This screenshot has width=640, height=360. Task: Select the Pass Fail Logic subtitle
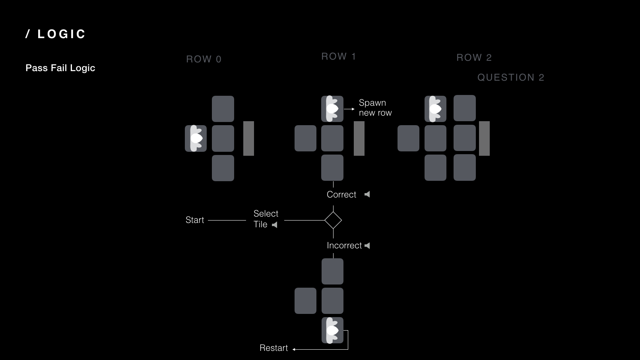tap(60, 68)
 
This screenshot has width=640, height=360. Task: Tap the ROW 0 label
tap(204, 59)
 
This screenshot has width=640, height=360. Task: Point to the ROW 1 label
tap(338, 56)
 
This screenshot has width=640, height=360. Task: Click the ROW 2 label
tap(474, 58)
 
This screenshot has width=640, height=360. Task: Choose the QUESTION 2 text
tap(511, 77)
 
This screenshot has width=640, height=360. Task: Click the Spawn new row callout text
tap(375, 108)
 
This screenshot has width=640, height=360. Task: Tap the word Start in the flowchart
tap(195, 220)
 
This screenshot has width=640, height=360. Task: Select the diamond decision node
tap(333, 220)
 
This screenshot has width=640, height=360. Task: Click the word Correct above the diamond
tap(341, 195)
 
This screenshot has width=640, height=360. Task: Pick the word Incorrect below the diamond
tap(344, 246)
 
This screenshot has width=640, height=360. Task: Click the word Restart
tap(273, 348)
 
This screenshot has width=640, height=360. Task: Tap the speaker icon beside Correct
tap(367, 194)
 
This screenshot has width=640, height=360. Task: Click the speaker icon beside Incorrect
tap(367, 246)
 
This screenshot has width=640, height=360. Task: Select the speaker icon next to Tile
tap(275, 225)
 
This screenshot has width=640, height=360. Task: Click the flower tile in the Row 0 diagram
tap(196, 138)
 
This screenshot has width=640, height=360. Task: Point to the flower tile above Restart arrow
tap(332, 330)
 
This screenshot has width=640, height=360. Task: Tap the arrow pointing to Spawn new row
tap(349, 109)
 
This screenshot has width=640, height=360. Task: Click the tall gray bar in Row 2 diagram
tap(484, 138)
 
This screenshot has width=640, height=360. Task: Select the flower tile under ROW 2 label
tap(435, 108)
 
